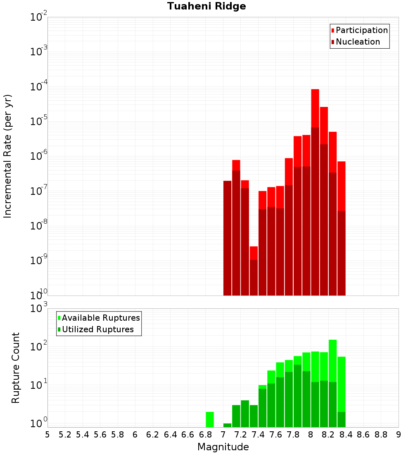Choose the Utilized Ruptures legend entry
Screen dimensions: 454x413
point(97,329)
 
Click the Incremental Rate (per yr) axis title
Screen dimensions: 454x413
point(8,156)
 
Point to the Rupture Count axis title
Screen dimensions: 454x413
point(16,368)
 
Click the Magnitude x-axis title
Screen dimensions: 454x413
point(223,447)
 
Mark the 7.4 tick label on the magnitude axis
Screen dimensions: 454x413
point(258,435)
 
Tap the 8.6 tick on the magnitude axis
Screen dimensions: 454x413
point(363,435)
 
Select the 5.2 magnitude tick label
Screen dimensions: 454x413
point(65,435)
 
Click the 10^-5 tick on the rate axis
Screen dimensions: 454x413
point(39,121)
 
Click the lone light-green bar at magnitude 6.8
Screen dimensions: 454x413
point(210,419)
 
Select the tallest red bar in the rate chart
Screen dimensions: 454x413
point(315,107)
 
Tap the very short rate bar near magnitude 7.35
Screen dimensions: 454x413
point(254,253)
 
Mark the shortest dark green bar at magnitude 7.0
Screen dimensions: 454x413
point(227,425)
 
